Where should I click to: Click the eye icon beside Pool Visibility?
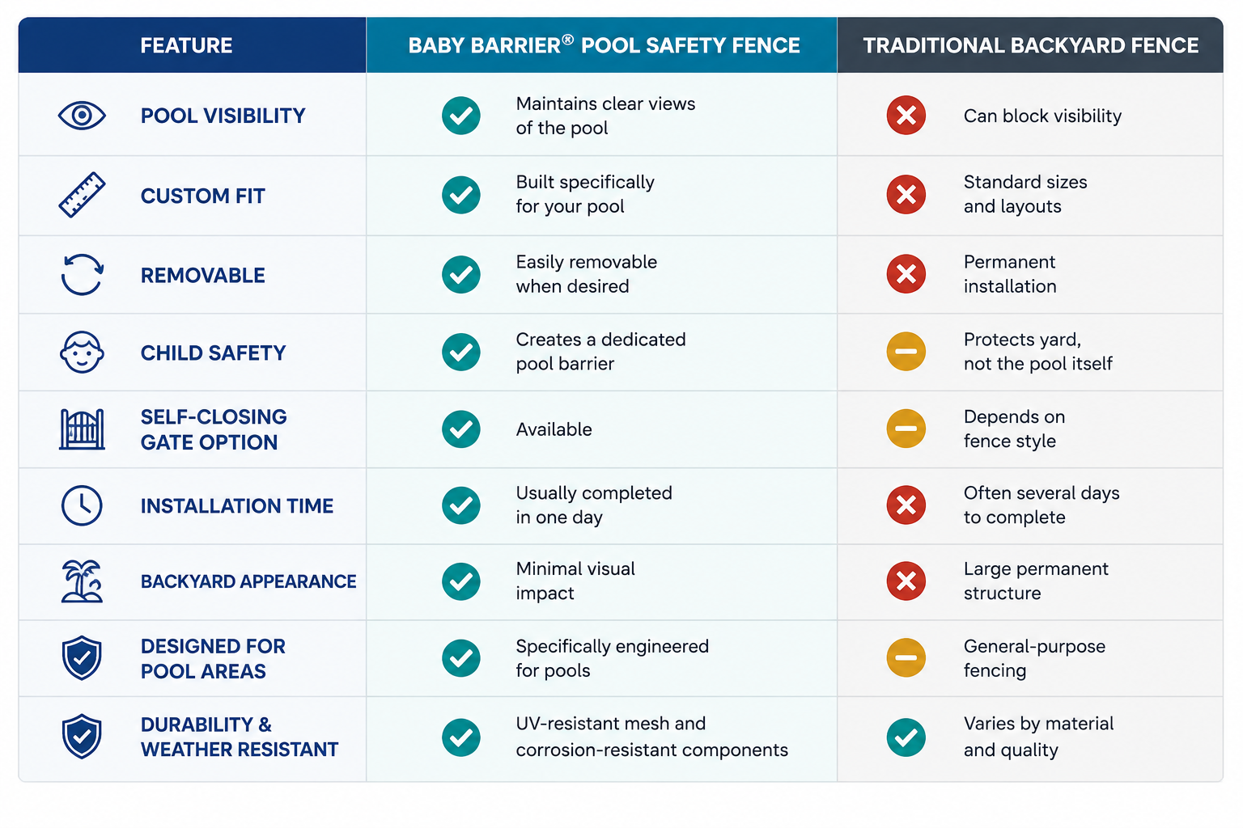click(x=82, y=116)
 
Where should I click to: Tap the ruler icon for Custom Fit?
click(x=82, y=195)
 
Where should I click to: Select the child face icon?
click(x=82, y=353)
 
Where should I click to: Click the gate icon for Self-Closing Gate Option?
click(x=82, y=429)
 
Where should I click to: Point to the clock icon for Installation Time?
click(x=82, y=505)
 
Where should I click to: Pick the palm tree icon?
click(x=82, y=581)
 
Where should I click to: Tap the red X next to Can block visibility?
click(x=906, y=116)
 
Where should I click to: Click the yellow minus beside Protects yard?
click(x=906, y=352)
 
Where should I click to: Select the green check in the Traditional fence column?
click(x=906, y=737)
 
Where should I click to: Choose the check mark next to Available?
click(x=460, y=429)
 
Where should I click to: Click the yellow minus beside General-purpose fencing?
click(x=906, y=657)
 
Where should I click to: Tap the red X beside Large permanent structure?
click(x=906, y=581)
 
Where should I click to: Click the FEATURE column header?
click(x=186, y=45)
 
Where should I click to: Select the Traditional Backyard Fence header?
click(x=1030, y=45)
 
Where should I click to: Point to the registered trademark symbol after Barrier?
click(x=567, y=40)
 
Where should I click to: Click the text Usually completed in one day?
click(x=594, y=505)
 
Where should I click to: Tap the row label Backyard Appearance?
click(x=248, y=581)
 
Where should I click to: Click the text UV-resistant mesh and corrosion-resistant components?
click(x=651, y=737)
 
